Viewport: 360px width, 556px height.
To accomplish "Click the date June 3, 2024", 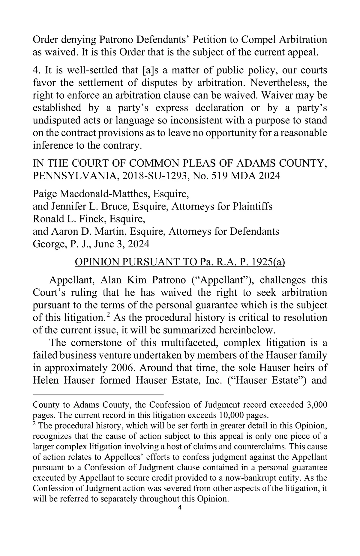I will [121, 244].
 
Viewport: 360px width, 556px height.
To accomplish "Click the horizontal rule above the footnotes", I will [98, 393].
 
